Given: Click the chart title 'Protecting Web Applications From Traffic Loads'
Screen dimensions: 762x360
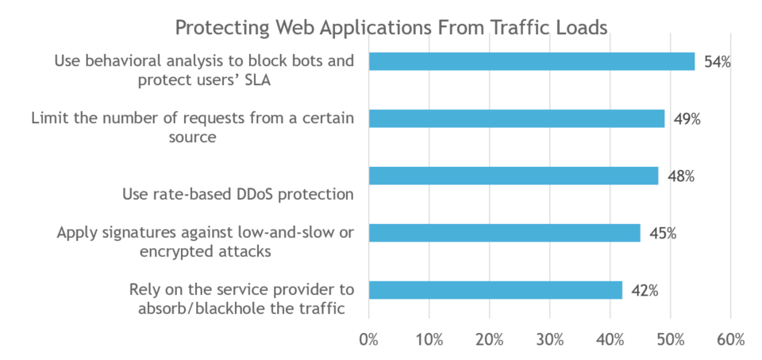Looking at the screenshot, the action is (x=391, y=28).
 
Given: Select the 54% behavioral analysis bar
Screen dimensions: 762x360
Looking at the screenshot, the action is (x=532, y=61).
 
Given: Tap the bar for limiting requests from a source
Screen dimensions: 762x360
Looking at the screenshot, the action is (x=517, y=118).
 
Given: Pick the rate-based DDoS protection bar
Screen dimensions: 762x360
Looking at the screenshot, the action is (x=514, y=176).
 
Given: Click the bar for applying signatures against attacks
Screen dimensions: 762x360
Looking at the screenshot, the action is (x=505, y=233).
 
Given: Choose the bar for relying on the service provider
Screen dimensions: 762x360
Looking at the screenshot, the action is (x=495, y=290).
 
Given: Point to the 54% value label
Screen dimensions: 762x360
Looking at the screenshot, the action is (x=718, y=63).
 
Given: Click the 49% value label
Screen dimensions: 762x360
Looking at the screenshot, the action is (x=687, y=120).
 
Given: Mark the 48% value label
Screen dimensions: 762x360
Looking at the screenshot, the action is (x=681, y=176).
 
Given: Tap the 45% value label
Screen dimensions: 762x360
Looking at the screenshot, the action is (x=663, y=234).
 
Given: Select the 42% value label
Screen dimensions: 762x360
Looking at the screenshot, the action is (x=645, y=291).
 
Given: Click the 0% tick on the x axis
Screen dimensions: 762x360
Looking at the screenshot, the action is (x=369, y=339).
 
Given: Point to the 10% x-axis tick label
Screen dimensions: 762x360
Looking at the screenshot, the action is (x=429, y=339).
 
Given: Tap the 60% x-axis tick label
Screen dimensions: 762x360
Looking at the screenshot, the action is (x=731, y=339).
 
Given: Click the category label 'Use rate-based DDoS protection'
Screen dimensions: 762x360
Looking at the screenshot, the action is (x=237, y=195).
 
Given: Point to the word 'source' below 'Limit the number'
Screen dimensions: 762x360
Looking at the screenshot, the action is (x=192, y=137).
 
